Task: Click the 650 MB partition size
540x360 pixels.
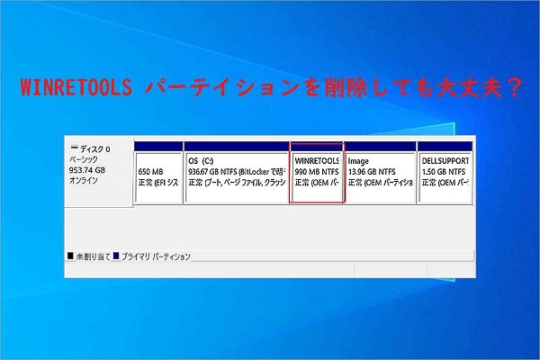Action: click(x=151, y=170)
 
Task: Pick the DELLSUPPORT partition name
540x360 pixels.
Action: click(x=445, y=160)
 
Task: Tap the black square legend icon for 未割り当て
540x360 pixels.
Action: click(x=71, y=256)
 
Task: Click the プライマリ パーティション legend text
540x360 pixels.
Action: click(x=157, y=256)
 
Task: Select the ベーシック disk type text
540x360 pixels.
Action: click(x=87, y=159)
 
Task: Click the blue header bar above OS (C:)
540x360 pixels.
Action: click(x=236, y=146)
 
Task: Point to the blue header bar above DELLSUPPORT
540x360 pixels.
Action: click(x=445, y=146)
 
